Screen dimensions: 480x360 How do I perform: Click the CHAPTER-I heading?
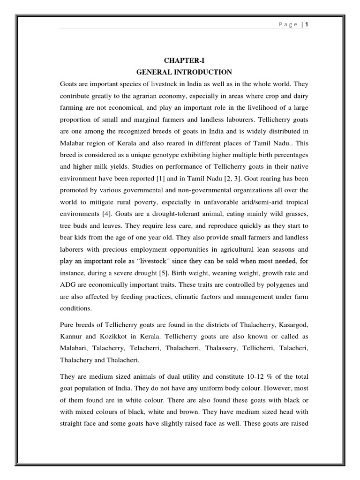[x=184, y=60]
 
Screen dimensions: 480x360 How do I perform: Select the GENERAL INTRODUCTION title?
[x=184, y=72]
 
